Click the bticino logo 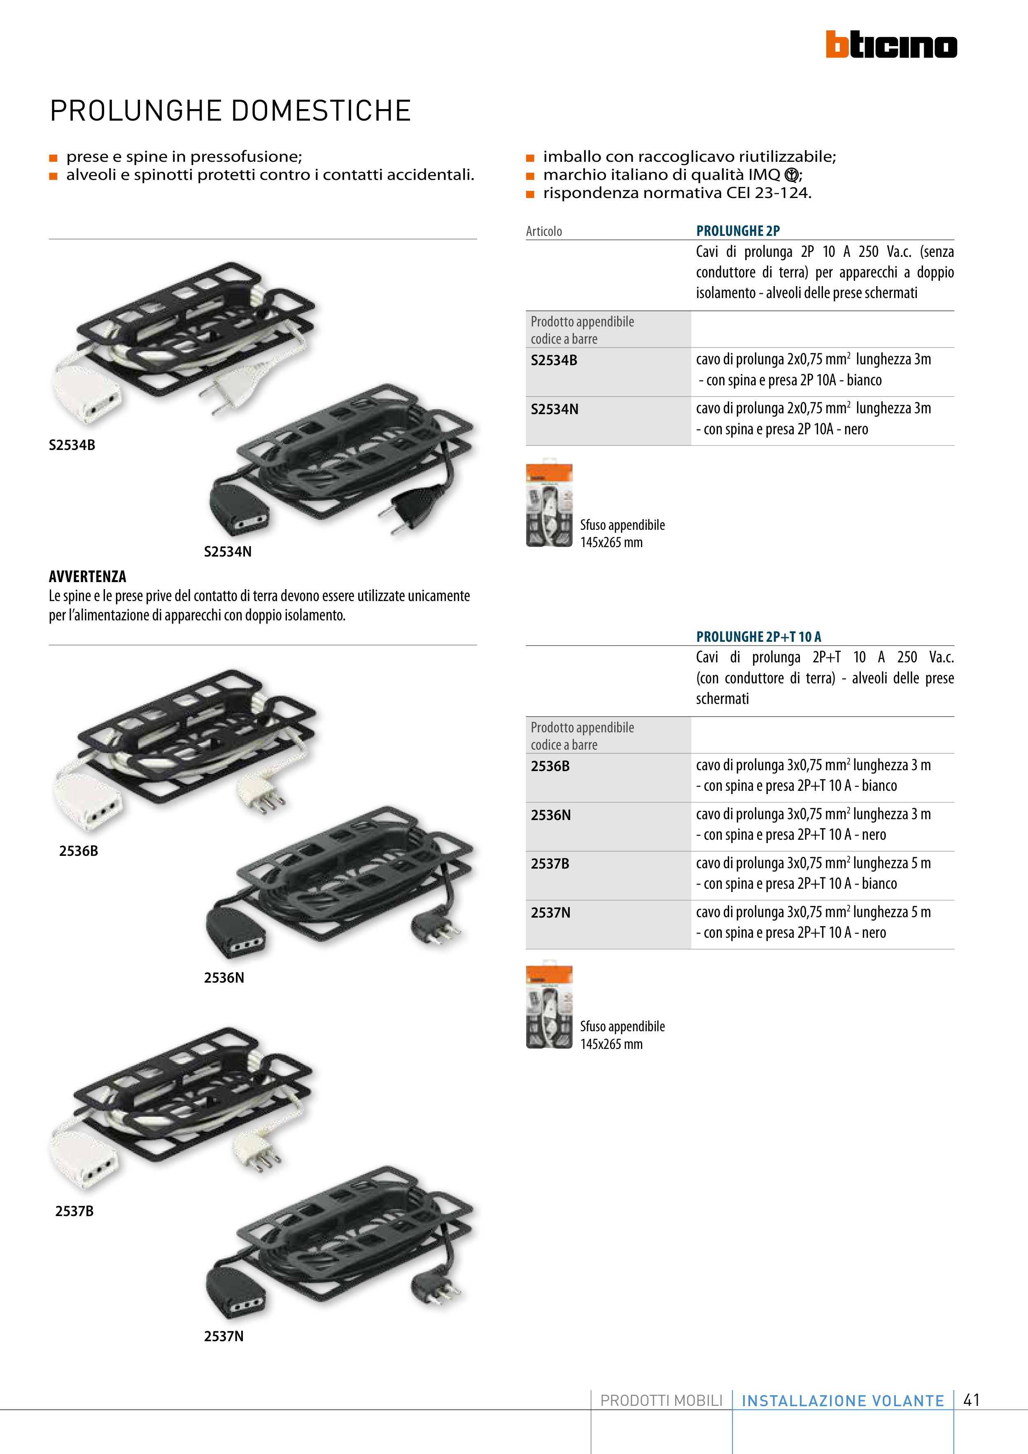[891, 44]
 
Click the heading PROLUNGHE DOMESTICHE [231, 111]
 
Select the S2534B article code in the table [554, 360]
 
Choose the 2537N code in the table [550, 913]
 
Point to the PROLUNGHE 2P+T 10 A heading [758, 636]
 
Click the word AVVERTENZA [87, 576]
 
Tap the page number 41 [972, 1400]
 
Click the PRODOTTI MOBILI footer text [661, 1401]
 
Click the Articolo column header [544, 231]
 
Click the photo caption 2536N [224, 978]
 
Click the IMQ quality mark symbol [791, 175]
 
